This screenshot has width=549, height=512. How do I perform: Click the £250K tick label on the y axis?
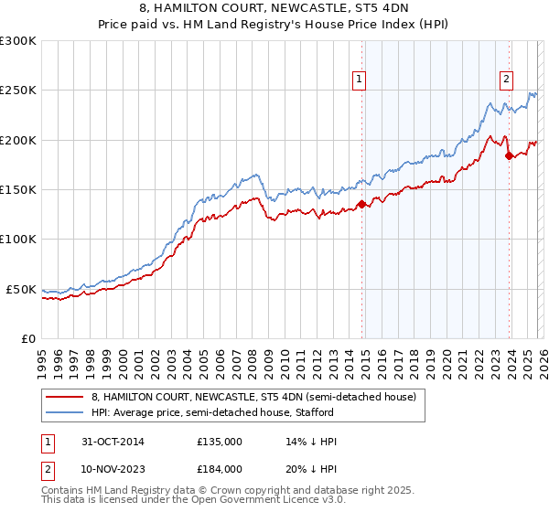point(18,91)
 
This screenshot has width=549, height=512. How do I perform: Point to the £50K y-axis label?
point(21,289)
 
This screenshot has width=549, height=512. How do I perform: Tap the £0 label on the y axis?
point(27,338)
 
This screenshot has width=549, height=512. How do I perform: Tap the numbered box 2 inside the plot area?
point(506,80)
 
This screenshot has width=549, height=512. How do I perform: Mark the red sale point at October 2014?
point(362,205)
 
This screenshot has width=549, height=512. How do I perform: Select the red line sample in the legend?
point(64,397)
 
